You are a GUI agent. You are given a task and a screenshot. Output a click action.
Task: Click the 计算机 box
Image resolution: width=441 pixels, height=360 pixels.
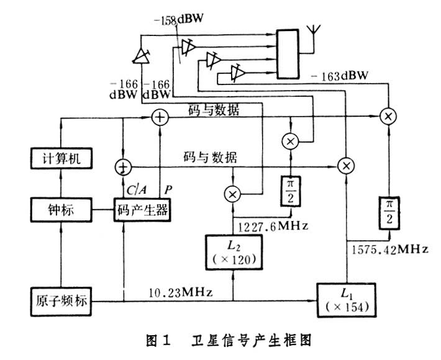(x=61, y=159)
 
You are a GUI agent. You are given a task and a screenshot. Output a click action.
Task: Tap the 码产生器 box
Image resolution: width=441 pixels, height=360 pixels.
(x=142, y=209)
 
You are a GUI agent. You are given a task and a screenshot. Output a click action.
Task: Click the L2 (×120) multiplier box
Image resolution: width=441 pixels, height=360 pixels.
(x=233, y=252)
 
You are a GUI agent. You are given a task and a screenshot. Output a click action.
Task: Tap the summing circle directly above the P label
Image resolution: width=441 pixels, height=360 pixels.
(x=161, y=117)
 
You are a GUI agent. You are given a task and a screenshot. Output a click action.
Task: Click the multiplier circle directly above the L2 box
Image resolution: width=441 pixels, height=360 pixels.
(x=233, y=194)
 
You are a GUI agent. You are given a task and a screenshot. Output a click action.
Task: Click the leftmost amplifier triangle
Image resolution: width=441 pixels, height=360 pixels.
(x=141, y=56)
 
